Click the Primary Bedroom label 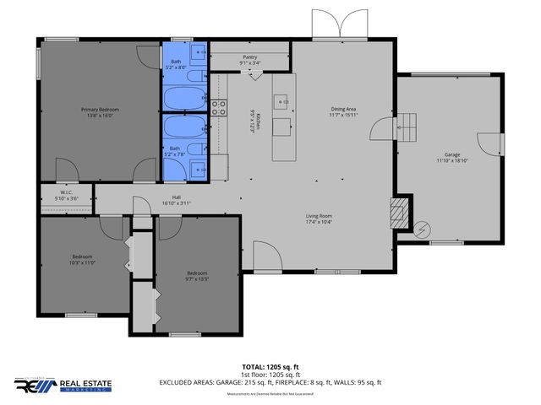(x=100, y=112)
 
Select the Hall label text (x=176, y=201)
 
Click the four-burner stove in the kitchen (x=219, y=107)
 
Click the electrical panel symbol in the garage (x=422, y=228)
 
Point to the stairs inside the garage (x=408, y=127)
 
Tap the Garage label (x=453, y=158)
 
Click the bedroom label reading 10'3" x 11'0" (x=82, y=259)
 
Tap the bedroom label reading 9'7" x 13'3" (x=197, y=276)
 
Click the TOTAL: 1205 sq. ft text (x=270, y=367)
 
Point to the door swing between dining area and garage (x=382, y=128)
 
